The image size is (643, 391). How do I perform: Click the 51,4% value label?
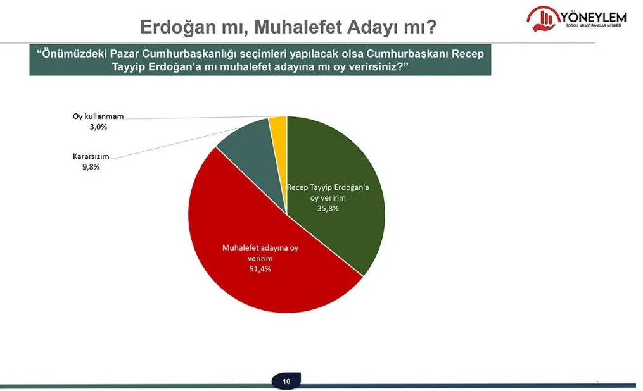click(260, 269)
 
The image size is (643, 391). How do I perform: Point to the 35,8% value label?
click(328, 208)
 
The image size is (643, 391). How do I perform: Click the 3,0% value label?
click(98, 127)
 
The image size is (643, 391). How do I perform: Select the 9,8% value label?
click(91, 166)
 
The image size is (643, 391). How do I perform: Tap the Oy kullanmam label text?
click(98, 116)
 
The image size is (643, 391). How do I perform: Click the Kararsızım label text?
click(91, 156)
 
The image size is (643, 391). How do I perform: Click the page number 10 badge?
click(286, 381)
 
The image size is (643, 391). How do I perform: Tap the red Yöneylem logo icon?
click(542, 19)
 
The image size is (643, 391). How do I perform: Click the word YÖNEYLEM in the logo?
click(593, 17)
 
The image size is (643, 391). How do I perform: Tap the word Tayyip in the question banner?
click(129, 66)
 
